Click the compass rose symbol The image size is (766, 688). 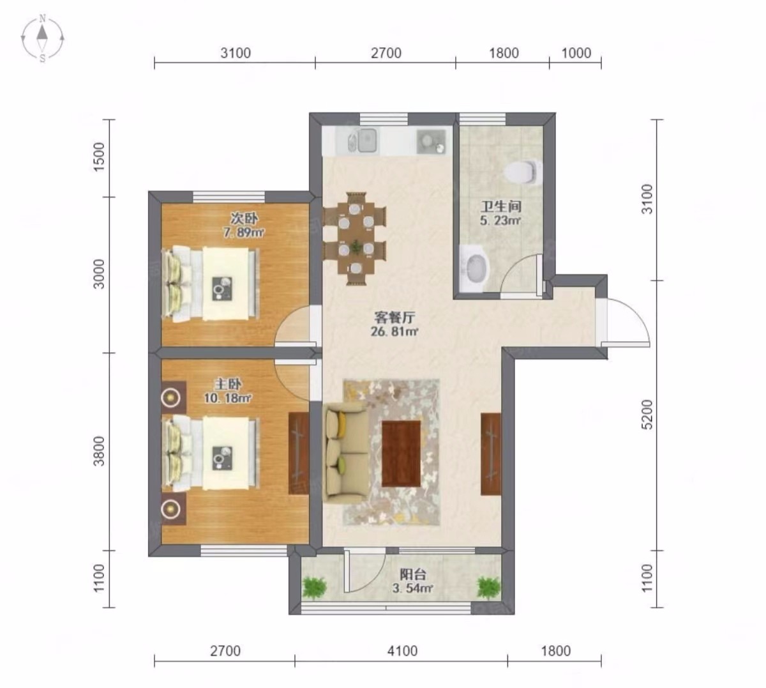coord(42,38)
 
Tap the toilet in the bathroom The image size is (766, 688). coord(523,172)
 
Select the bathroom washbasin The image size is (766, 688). coord(475,269)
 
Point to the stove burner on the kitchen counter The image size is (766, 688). coord(431,142)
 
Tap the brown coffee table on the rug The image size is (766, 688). coord(401,454)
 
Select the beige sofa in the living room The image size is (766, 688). coord(345,454)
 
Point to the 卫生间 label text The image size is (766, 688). coord(501,206)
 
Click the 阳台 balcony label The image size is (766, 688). coord(413,575)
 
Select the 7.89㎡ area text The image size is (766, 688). coord(244,233)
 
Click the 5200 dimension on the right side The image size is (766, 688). coord(648,415)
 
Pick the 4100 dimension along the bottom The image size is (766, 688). coord(402,652)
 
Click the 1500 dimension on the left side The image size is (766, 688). coord(99,157)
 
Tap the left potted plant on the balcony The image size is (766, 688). coord(314,588)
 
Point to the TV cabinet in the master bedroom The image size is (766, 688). coord(299,454)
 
